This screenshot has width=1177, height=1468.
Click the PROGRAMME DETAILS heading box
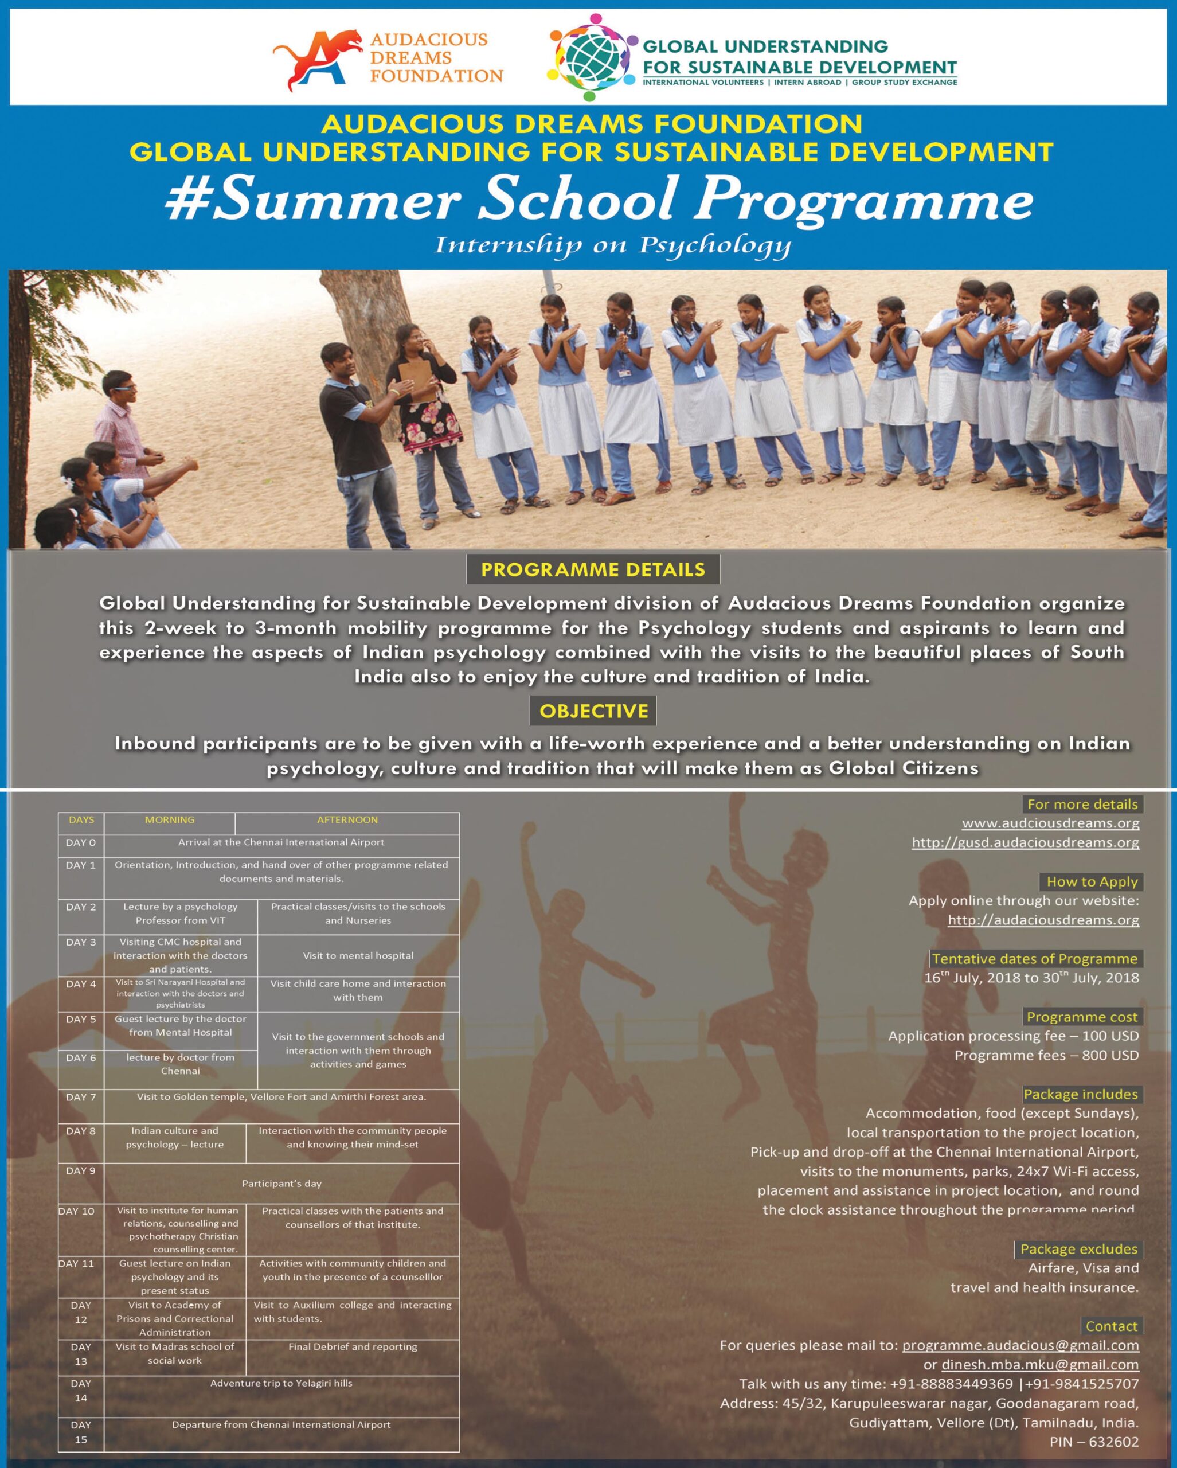click(x=592, y=569)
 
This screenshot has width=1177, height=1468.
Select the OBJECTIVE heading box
click(x=593, y=711)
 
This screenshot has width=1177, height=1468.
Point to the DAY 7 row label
click(x=81, y=1097)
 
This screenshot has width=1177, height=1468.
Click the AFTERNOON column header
click(x=347, y=820)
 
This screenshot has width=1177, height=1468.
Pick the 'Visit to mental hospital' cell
click(x=358, y=956)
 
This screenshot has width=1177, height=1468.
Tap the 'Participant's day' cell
click(x=281, y=1184)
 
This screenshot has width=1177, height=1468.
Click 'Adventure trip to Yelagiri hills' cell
click(x=281, y=1383)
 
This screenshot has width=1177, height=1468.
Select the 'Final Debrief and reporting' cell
click(x=353, y=1347)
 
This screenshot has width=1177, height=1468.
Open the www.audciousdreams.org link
click(x=1050, y=823)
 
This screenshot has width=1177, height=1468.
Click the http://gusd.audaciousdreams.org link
click(x=1025, y=842)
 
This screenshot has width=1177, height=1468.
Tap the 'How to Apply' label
click(x=1092, y=882)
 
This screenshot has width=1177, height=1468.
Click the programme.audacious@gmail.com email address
click(x=1020, y=1345)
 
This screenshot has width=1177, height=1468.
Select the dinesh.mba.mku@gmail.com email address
click(x=1039, y=1365)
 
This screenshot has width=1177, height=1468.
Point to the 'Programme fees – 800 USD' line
click(x=1046, y=1055)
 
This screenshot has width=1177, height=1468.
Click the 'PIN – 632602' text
click(x=1094, y=1442)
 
